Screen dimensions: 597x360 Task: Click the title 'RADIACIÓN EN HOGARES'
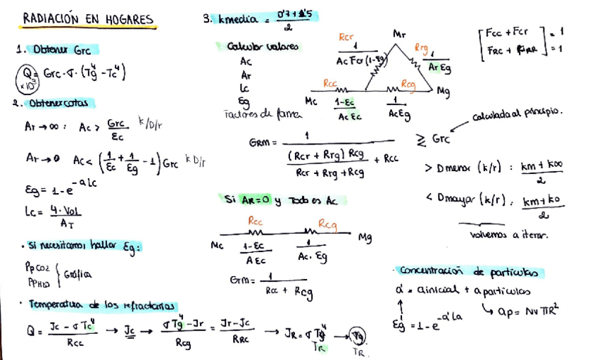point(88,19)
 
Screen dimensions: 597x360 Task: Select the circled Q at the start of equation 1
point(29,73)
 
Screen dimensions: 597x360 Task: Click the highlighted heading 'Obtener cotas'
point(56,103)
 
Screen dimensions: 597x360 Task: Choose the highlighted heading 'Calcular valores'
point(262,46)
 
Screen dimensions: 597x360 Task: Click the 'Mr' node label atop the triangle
point(398,33)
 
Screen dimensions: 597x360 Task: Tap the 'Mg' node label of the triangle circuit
point(443,91)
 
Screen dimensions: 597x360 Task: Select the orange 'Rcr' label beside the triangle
point(346,37)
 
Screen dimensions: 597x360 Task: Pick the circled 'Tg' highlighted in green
point(359,335)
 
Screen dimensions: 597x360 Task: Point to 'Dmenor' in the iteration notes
point(458,168)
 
